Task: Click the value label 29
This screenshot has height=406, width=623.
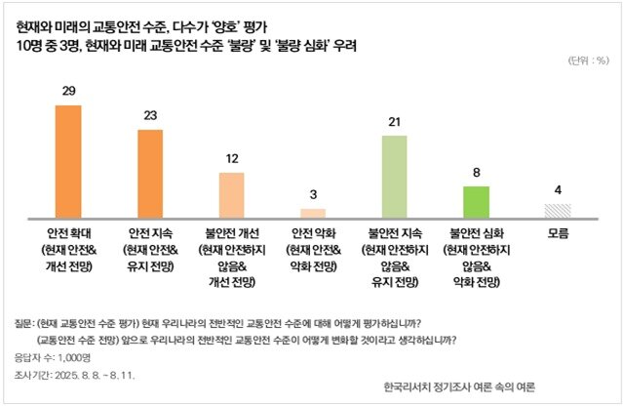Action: pyautogui.click(x=69, y=92)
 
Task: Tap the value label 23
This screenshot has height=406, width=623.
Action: pyautogui.click(x=150, y=116)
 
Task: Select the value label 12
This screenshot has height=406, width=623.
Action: pyautogui.click(x=231, y=159)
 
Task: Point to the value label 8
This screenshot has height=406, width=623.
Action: pyautogui.click(x=475, y=173)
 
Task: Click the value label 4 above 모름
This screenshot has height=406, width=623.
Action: pyautogui.click(x=557, y=189)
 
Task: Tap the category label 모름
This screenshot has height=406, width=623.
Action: pyautogui.click(x=557, y=234)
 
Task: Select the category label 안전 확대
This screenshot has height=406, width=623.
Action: pyautogui.click(x=69, y=234)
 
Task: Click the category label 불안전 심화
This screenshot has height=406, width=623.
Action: pyautogui.click(x=475, y=234)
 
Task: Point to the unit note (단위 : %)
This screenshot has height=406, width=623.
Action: pyautogui.click(x=588, y=60)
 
